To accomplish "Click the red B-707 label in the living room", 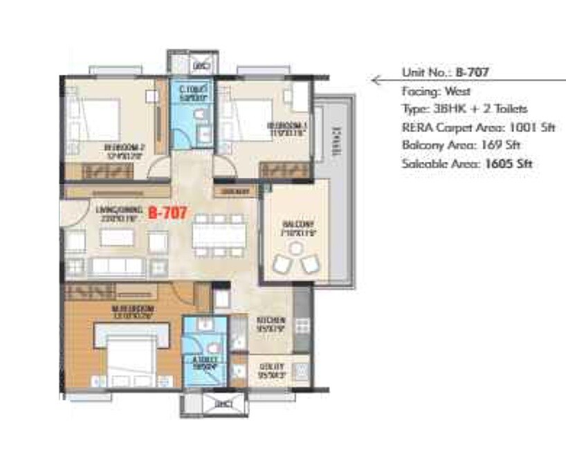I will click(x=167, y=213).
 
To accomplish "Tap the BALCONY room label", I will click(x=298, y=224).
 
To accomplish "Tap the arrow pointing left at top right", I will click(x=378, y=80).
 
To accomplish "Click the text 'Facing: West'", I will click(x=436, y=91).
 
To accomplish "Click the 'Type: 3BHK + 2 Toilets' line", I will click(x=464, y=109).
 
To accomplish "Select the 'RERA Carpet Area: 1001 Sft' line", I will click(x=478, y=127).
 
